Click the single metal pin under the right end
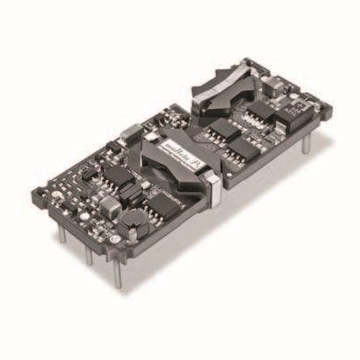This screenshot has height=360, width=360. (x=306, y=143)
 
